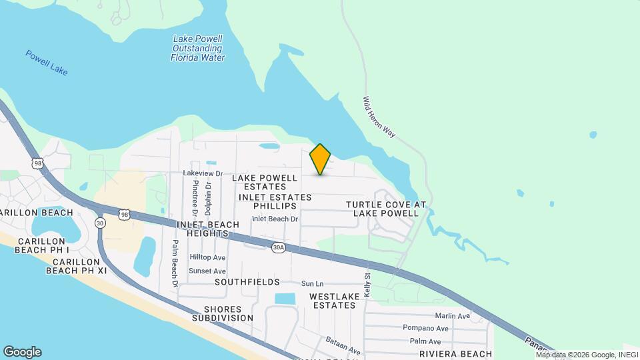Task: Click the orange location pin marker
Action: (321, 159)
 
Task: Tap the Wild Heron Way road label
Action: (379, 117)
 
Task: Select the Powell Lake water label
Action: (47, 62)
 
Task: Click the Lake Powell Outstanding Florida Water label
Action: (198, 49)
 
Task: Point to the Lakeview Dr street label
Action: (202, 173)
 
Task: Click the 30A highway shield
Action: (279, 247)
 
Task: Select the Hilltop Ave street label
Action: (207, 257)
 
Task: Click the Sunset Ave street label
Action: (207, 271)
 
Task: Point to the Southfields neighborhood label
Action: (247, 283)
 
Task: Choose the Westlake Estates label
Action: (332, 300)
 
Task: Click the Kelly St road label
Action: (367, 285)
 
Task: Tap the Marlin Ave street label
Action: (452, 316)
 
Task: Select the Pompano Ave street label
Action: (425, 328)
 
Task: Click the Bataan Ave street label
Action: (343, 345)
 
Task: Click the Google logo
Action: (22, 352)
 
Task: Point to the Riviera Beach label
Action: (455, 354)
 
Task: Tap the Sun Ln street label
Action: (312, 283)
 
